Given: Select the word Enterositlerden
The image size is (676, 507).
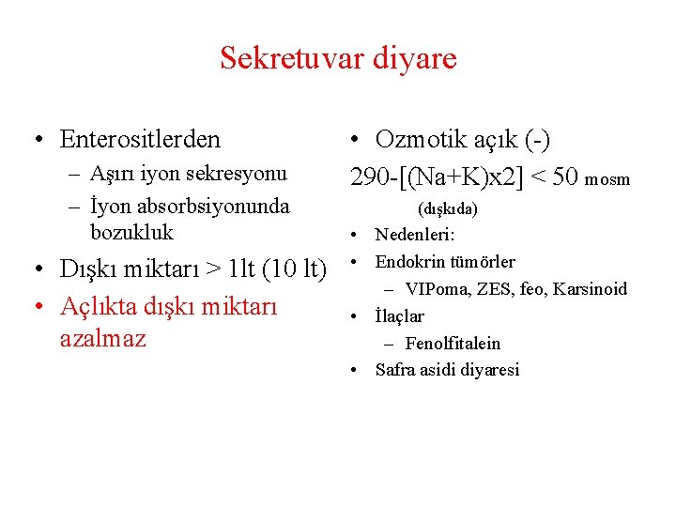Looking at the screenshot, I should tap(140, 140).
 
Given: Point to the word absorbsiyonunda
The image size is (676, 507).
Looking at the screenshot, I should tap(212, 206).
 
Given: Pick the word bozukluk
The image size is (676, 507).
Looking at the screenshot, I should tap(132, 231).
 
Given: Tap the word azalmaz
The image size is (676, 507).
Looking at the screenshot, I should tap(102, 337).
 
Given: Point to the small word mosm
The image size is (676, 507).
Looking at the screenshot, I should tap(607, 178).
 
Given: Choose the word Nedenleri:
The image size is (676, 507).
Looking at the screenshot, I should tap(415, 234).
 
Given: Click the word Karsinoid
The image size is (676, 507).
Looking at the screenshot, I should tap(591, 289).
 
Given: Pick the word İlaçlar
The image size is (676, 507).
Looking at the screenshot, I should tap(400, 316).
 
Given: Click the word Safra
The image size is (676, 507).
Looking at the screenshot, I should tap(396, 370).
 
